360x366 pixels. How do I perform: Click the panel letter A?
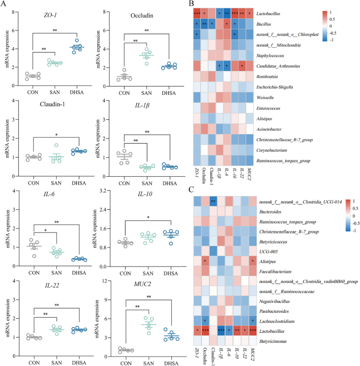click(x=4, y=4)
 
